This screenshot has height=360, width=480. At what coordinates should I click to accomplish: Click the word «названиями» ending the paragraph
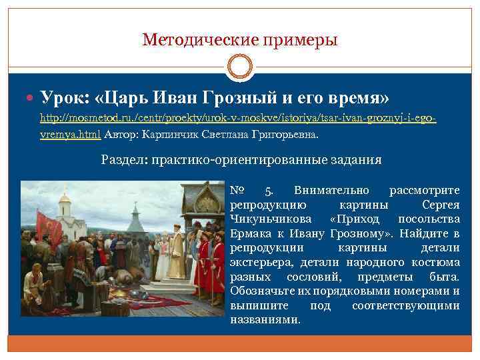265,320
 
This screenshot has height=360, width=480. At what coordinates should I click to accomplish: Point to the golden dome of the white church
65,198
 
